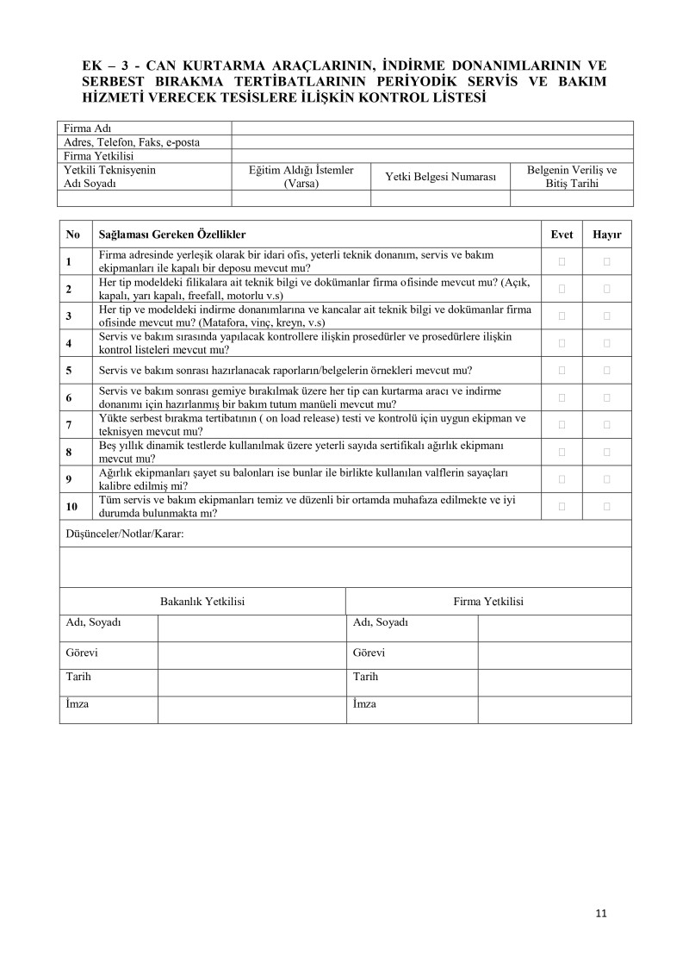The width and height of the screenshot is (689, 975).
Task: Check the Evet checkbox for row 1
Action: (562, 260)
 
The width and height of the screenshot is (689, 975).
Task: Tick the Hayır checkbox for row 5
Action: (606, 370)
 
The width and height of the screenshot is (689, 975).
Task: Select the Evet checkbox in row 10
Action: (562, 506)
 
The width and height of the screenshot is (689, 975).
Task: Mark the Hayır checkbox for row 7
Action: (606, 424)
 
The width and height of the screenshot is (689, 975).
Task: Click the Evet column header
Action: (562, 234)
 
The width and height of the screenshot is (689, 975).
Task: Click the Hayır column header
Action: (606, 234)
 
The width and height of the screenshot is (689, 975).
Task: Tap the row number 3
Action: (69, 316)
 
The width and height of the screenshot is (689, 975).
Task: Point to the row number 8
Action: (69, 452)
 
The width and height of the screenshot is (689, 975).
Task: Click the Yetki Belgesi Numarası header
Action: (440, 177)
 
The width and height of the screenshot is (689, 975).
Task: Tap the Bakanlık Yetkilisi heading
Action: (202, 602)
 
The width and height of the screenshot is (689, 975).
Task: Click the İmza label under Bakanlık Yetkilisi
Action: (78, 704)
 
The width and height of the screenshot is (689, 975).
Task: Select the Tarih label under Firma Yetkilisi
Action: (365, 677)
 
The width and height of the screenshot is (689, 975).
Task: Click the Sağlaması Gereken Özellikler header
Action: (172, 234)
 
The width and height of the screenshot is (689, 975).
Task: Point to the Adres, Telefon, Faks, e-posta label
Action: (132, 142)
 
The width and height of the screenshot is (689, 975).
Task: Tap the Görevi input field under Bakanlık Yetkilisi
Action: (251, 653)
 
